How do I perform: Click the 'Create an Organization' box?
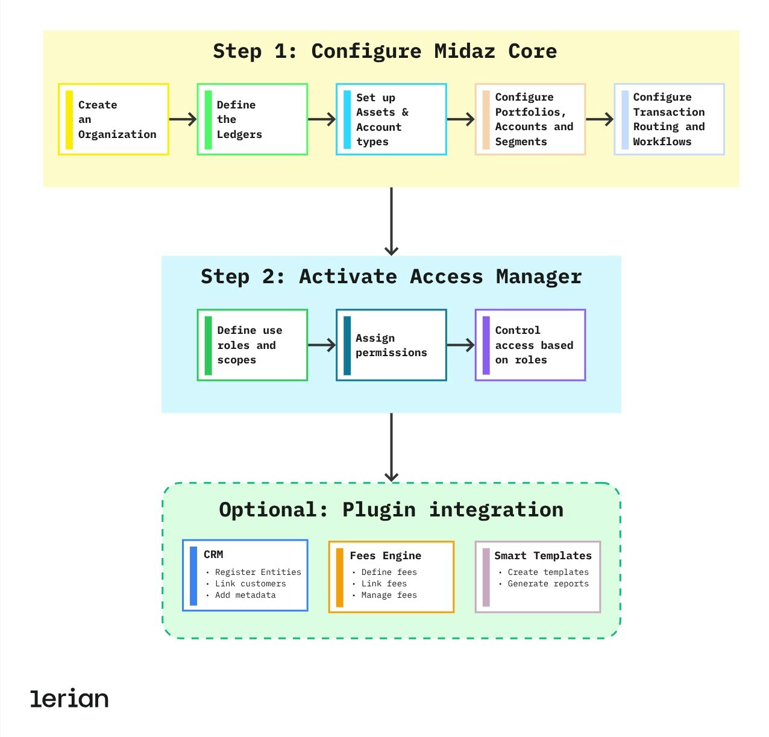[x=113, y=119]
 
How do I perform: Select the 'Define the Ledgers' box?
[x=252, y=119]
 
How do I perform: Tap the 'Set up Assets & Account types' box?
[x=391, y=119]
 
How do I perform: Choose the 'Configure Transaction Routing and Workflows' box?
[x=669, y=119]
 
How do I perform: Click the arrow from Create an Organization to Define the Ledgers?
[x=183, y=119]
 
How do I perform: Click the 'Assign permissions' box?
[x=391, y=345]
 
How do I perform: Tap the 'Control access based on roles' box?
[x=530, y=345]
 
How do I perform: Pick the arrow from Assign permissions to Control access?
[x=460, y=345]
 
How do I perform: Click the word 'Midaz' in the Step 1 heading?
[x=464, y=51]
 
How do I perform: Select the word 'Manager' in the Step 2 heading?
[x=539, y=277]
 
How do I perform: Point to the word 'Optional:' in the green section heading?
[x=274, y=510]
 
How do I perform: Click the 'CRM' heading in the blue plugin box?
[x=213, y=554]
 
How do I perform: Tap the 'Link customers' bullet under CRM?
[x=250, y=583]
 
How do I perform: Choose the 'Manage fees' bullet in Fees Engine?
[x=389, y=595]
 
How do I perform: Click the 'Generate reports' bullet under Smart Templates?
[x=548, y=583]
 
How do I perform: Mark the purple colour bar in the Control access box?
[x=486, y=345]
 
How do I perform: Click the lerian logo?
[x=69, y=698]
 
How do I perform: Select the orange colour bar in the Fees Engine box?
[x=340, y=577]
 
